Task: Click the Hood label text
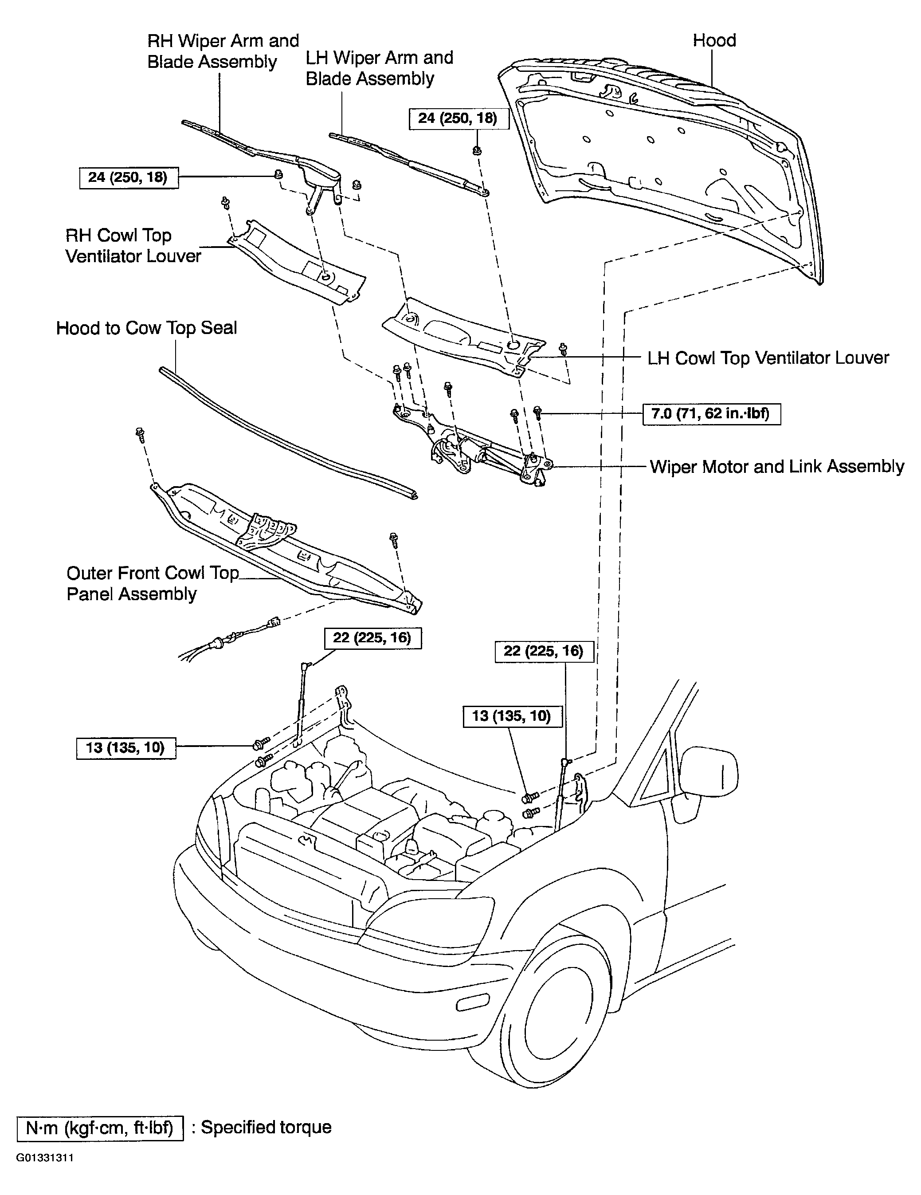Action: click(x=714, y=40)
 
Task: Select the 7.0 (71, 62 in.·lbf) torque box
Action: click(x=711, y=414)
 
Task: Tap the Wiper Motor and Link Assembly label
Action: click(x=776, y=467)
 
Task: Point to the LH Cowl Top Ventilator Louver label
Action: click(x=768, y=358)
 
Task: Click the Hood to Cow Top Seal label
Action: click(x=147, y=328)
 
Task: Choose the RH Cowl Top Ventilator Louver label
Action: click(x=133, y=246)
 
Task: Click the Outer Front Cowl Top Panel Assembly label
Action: click(x=153, y=583)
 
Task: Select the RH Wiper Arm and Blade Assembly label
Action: click(x=223, y=51)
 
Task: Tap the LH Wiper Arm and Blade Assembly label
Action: click(x=379, y=68)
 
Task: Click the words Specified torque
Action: click(x=267, y=1128)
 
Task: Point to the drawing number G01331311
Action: click(x=45, y=1158)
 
